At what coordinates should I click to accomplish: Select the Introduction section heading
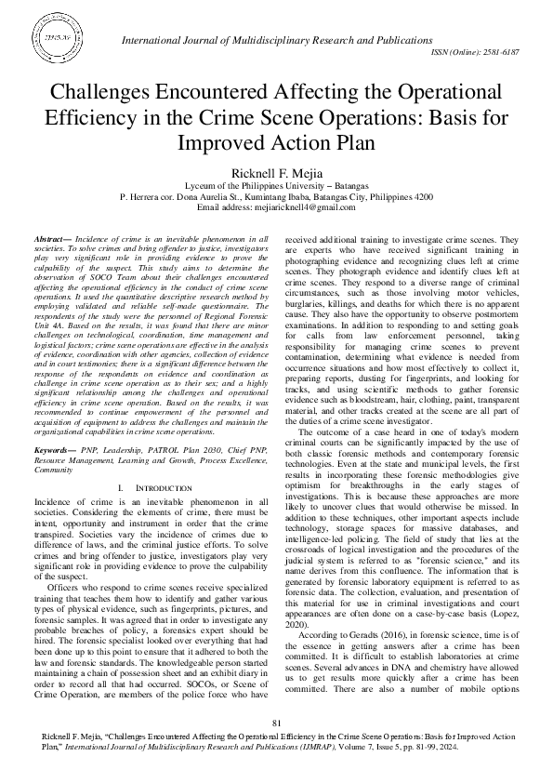[x=141, y=488]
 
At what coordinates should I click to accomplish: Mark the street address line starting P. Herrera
[x=276, y=197]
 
